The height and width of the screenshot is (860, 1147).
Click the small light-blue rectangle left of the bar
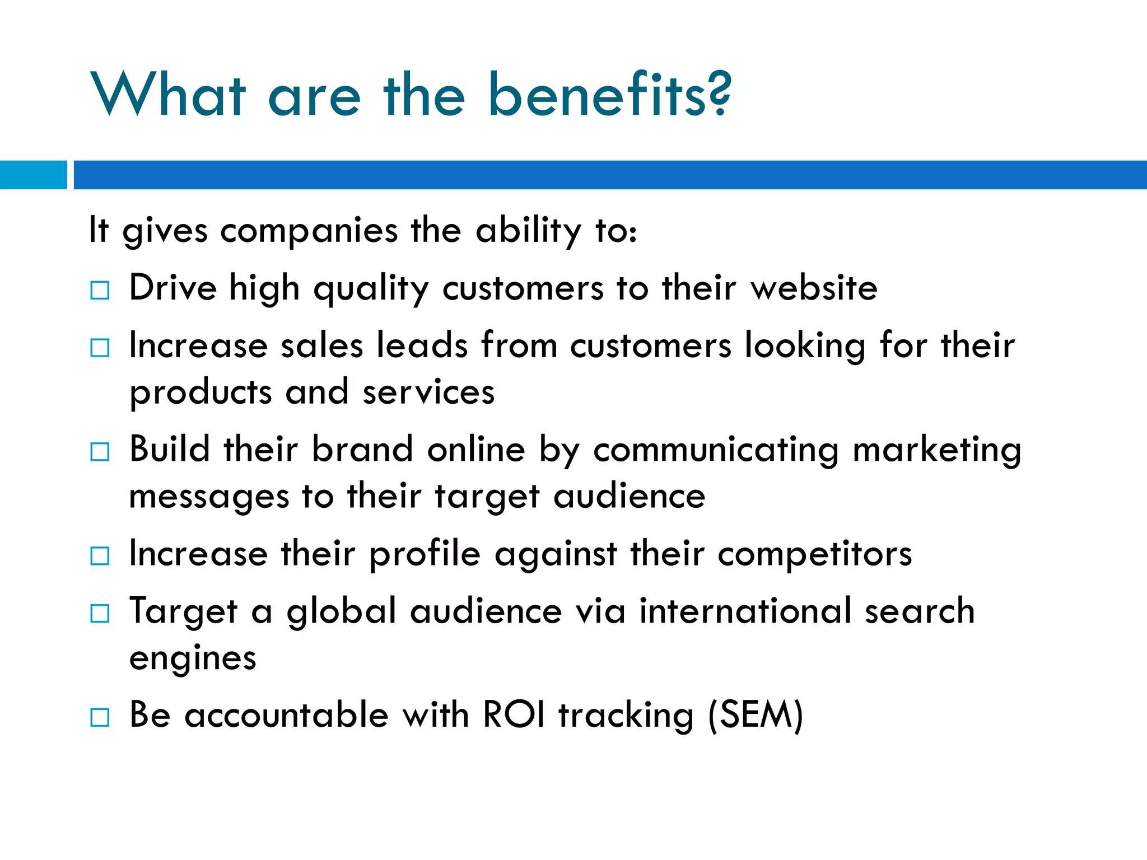(33, 175)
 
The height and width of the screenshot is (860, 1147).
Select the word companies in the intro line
(309, 231)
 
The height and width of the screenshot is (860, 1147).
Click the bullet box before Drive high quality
(100, 291)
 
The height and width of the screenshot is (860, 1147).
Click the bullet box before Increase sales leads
(100, 348)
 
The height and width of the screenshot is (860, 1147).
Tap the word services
(428, 392)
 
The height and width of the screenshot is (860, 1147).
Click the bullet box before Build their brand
(100, 452)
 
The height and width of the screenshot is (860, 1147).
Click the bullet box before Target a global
(100, 614)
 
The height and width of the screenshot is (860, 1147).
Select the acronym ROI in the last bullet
(514, 716)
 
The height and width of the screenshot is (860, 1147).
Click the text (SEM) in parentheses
(756, 716)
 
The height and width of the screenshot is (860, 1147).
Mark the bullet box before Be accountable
(100, 717)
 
